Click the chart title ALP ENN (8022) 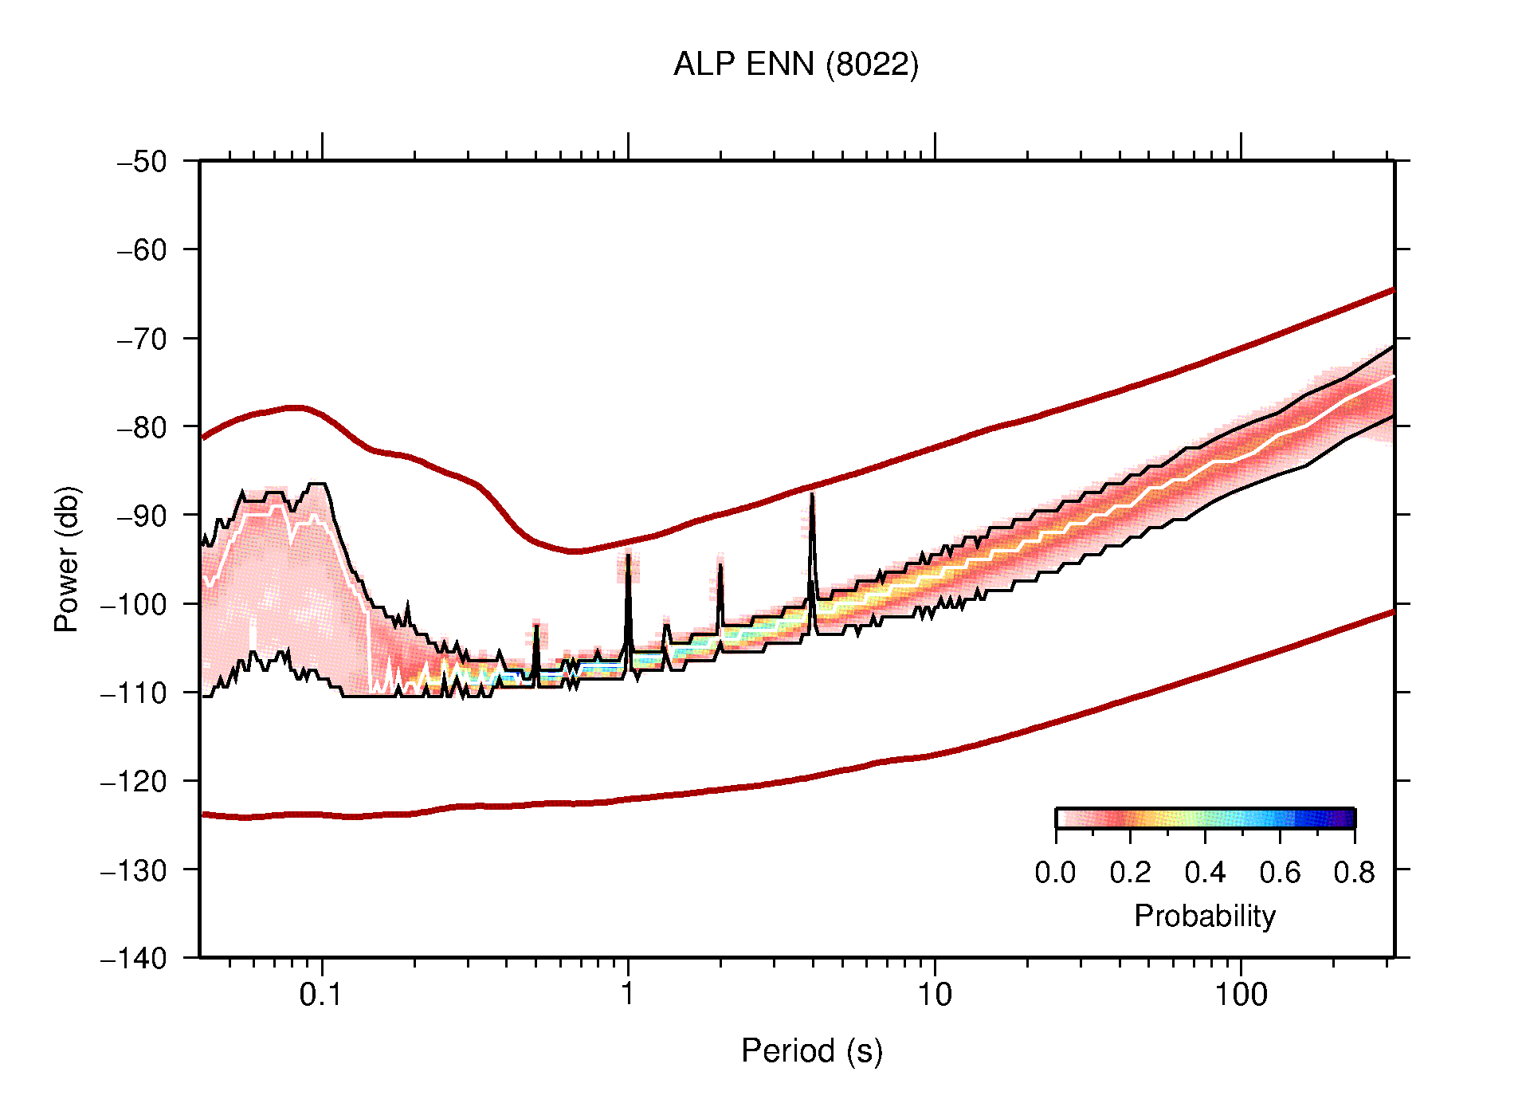[795, 65]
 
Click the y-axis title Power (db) [67, 559]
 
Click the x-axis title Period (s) [811, 1050]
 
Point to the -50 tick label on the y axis [143, 162]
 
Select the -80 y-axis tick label [143, 427]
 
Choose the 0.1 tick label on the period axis [321, 995]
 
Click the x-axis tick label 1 [628, 995]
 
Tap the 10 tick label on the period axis [934, 995]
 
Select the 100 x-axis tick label [1241, 995]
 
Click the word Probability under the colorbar [1204, 916]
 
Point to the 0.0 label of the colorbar [1055, 873]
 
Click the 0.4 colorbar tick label [1205, 873]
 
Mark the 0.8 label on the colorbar [1354, 873]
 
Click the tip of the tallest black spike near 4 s [811, 496]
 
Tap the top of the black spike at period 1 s [628, 555]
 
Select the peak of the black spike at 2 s [720, 566]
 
